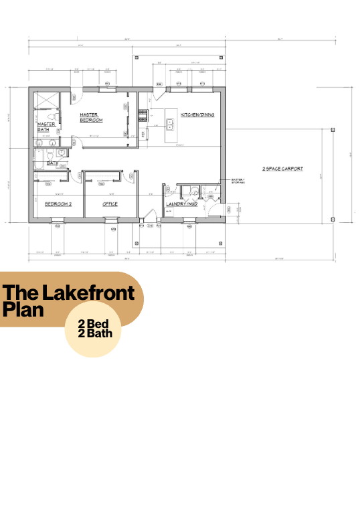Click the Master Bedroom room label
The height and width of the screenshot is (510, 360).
(x=90, y=117)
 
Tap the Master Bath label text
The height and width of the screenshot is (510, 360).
(x=46, y=126)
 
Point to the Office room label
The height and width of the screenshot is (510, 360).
(x=110, y=203)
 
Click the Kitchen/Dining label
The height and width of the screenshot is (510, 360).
(x=197, y=115)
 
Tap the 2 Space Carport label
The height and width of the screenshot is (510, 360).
(x=282, y=169)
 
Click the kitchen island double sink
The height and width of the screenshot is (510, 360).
(x=170, y=122)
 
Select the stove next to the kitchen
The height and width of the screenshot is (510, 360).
(x=142, y=116)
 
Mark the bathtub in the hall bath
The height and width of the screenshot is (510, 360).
(x=40, y=160)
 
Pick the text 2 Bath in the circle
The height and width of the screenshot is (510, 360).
(x=94, y=333)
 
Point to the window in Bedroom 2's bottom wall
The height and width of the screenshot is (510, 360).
(x=58, y=221)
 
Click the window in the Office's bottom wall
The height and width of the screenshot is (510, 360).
(x=110, y=221)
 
